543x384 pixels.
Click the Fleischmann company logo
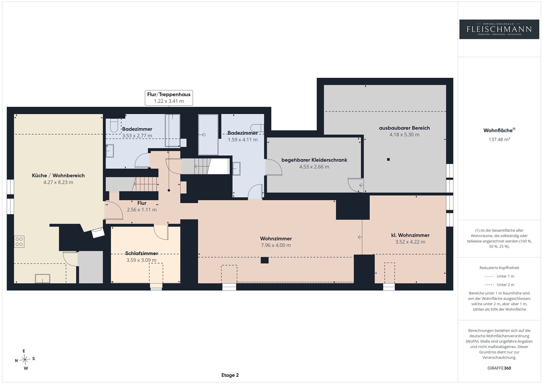(x=499, y=29)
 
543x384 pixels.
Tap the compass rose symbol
(x=25, y=359)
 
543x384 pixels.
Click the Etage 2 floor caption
(x=230, y=375)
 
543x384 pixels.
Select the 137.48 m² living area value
(x=499, y=139)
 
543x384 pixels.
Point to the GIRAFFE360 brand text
(x=499, y=368)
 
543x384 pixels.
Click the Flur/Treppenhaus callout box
(x=169, y=98)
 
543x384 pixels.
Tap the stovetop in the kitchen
(x=19, y=242)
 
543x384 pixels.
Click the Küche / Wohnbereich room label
(x=58, y=176)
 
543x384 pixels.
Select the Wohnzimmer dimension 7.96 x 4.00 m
(x=276, y=245)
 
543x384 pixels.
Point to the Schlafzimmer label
(x=141, y=253)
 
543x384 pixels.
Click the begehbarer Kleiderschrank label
(x=314, y=160)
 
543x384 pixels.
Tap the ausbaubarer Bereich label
(x=404, y=128)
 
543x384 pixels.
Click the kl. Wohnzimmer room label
(x=410, y=235)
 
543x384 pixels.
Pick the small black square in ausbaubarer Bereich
(x=388, y=159)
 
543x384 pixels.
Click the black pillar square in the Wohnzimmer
(x=264, y=260)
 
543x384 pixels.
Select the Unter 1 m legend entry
(x=499, y=276)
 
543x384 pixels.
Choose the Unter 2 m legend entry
(x=499, y=285)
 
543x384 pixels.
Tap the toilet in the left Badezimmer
(x=114, y=125)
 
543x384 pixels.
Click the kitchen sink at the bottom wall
(x=42, y=279)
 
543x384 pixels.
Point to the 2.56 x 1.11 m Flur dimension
(x=142, y=210)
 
